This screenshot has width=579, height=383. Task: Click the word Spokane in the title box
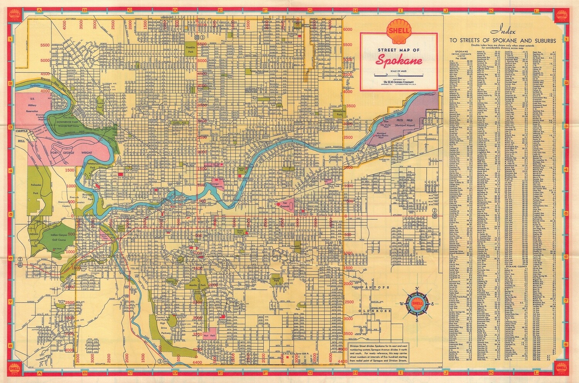coord(398,61)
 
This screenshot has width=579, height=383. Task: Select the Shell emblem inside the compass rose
coord(416,303)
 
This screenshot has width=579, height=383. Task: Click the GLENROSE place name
coord(374,311)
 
